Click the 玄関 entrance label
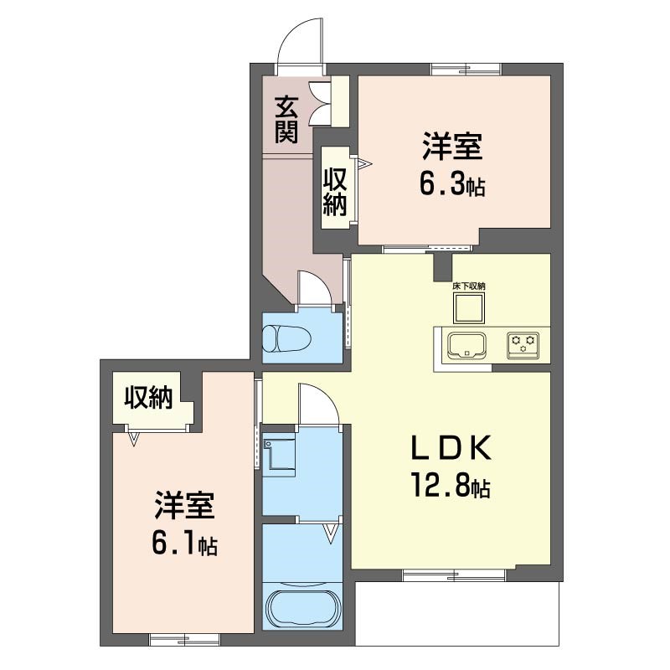(x=286, y=120)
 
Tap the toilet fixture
(x=286, y=339)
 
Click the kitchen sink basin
(x=466, y=346)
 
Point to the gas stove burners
(x=523, y=344)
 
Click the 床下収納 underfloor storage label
(x=469, y=286)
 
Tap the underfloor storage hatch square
(x=469, y=308)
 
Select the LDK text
(x=451, y=448)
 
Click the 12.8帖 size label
(x=451, y=486)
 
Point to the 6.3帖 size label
(x=452, y=184)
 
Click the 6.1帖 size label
(x=184, y=544)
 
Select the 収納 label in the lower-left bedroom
(x=148, y=398)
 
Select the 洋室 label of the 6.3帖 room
(x=452, y=146)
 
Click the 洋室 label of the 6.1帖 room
(x=184, y=505)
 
